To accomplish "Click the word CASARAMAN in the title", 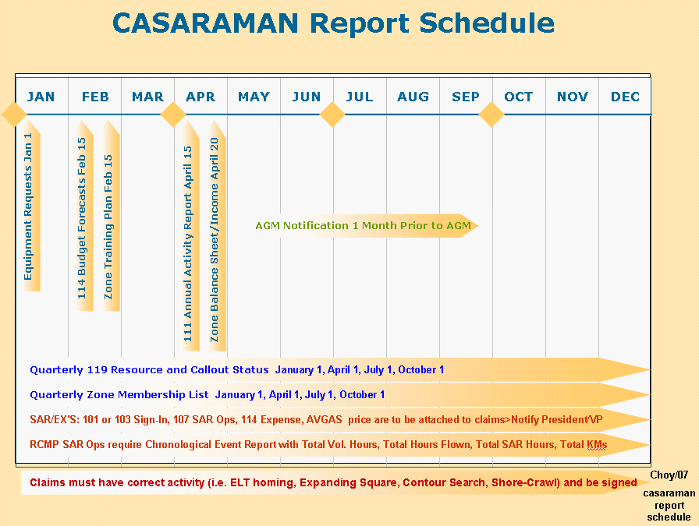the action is click(205, 23).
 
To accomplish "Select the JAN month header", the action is click(41, 97).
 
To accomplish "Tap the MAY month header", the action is click(254, 97).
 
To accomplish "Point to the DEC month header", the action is click(625, 97).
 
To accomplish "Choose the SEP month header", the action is click(466, 97).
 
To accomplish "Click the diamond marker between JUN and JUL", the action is click(332, 115).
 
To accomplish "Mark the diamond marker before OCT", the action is click(491, 115).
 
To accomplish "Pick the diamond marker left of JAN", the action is click(14, 115).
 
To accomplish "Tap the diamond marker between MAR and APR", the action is click(173, 115).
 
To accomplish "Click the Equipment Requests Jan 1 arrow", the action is click(32, 206).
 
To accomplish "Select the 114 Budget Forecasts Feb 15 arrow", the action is click(85, 216).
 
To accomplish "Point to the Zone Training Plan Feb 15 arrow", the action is click(112, 216).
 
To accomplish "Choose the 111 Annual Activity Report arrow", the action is click(191, 235).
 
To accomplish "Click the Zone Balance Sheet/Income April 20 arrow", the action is click(218, 235).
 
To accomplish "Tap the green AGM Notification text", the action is click(363, 226).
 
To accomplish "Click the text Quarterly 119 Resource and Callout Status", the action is click(149, 369).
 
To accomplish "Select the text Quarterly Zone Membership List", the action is click(119, 394).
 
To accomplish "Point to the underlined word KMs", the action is click(597, 444).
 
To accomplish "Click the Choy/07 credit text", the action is click(669, 475).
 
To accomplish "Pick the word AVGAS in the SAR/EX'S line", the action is click(324, 419).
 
